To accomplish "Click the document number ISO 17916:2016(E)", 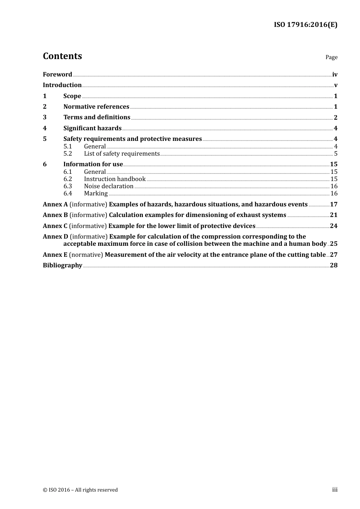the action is pos(305,25).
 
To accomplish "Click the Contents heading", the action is pos(62,56).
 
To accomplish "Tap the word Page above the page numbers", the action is pos(331,57).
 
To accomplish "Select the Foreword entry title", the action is pos(57,75).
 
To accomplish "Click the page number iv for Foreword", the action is pos(335,75).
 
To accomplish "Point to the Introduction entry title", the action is pos(62,85).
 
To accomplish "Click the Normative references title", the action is pos(96,107).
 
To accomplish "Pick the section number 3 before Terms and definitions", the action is pos(45,117).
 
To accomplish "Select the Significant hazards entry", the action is pos(92,128).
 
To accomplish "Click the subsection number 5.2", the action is pos(67,154).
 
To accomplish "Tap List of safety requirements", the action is pos(122,154).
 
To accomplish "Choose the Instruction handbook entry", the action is pos(115,179).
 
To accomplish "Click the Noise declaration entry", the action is pos(109,186).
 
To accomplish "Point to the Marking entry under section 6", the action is pos(96,194).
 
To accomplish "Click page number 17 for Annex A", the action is pos(333,205).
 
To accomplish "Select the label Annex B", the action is pos(55,215).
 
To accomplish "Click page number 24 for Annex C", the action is pos(333,226).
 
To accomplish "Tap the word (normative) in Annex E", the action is pos(86,255).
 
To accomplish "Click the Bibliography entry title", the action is pos(63,265).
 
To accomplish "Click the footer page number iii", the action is pos(335,490).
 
